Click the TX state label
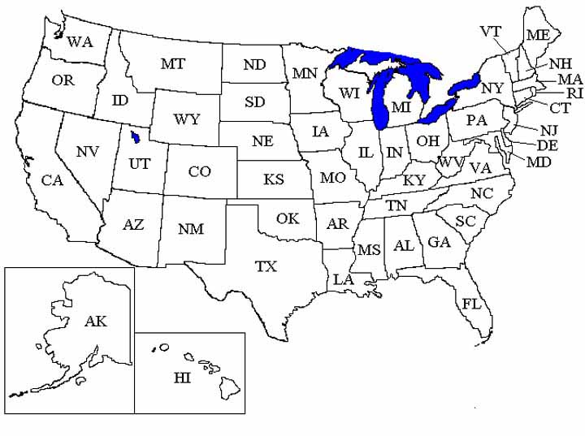[x=266, y=266]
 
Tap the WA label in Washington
[x=80, y=41]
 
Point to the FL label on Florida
[x=471, y=304]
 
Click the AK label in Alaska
[x=95, y=322]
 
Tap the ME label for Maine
[x=537, y=35]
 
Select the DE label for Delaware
[x=548, y=145]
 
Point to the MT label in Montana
[x=172, y=63]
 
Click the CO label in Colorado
[x=199, y=171]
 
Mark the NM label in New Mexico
[x=191, y=229]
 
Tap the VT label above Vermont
[x=490, y=32]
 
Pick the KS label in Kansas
[x=273, y=179]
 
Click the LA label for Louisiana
[x=342, y=280]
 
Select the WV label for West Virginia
[x=451, y=162]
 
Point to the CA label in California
[x=52, y=181]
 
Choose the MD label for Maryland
[x=539, y=162]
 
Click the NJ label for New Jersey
[x=549, y=130]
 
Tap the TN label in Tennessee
[x=396, y=206]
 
